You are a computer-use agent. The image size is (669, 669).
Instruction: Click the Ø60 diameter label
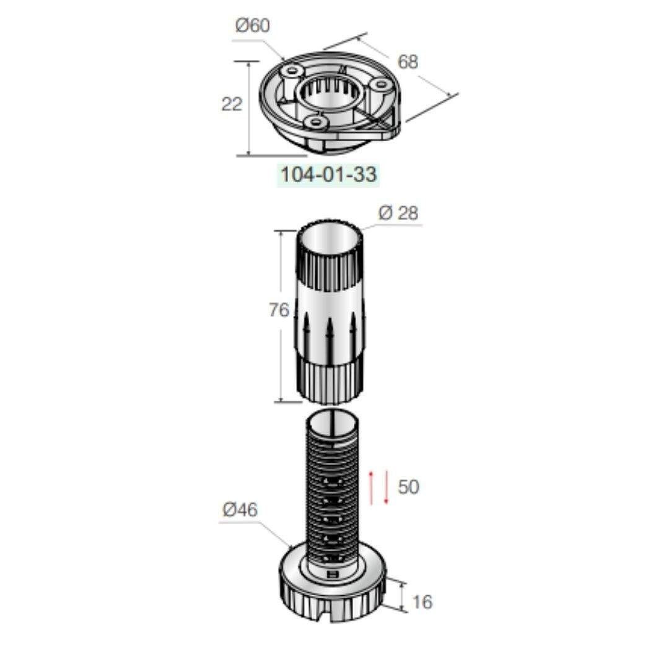253,25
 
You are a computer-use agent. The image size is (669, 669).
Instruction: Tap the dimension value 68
408,62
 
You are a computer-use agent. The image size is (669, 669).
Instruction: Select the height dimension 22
232,104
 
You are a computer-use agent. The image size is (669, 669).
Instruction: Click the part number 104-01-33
328,175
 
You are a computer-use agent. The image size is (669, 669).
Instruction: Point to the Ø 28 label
398,213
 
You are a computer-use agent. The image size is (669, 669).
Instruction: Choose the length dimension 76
279,310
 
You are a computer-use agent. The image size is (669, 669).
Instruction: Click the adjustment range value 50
408,487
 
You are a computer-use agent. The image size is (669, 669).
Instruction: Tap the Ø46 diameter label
240,510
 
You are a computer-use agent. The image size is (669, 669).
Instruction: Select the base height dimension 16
422,602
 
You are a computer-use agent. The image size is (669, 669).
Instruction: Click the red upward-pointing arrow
371,488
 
